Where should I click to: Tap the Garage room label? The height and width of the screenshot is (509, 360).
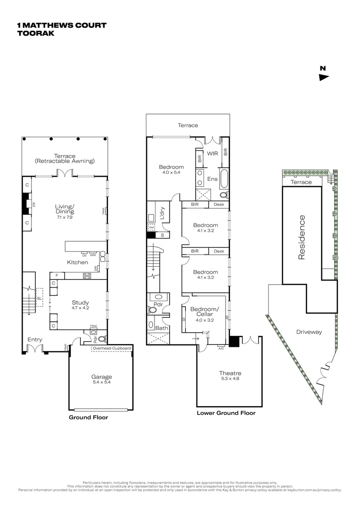(102, 377)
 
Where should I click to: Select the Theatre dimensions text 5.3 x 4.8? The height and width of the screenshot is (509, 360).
(229, 378)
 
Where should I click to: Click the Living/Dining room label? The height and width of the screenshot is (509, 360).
(65, 209)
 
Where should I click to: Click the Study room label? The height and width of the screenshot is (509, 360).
(80, 303)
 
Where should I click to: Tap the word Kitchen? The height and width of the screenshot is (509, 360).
(77, 262)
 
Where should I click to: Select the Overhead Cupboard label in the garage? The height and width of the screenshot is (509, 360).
(112, 349)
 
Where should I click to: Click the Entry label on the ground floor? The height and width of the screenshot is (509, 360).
(35, 339)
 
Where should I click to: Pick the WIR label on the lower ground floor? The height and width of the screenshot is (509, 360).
(212, 154)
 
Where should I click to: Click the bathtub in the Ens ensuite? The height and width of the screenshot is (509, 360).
(224, 179)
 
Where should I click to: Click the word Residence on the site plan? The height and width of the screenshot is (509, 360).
(302, 238)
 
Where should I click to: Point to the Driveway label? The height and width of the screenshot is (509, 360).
(309, 332)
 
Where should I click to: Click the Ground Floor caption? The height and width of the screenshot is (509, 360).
(89, 418)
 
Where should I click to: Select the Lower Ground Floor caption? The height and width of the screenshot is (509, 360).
(226, 413)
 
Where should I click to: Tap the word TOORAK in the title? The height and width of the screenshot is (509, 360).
(35, 33)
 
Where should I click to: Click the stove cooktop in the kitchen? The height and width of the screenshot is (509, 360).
(87, 276)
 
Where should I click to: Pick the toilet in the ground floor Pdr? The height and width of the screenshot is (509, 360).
(102, 338)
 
